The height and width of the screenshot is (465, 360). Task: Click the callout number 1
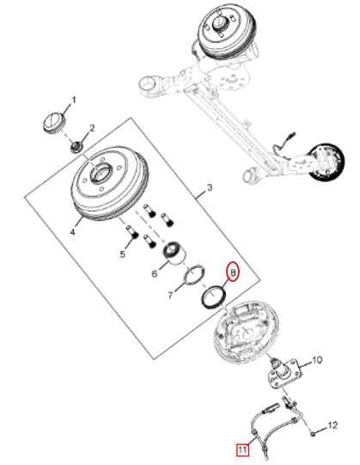pos(74,100)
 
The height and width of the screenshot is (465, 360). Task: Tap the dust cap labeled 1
pos(54,122)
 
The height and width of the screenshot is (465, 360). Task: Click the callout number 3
pos(210,187)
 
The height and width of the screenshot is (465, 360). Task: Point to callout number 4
pos(73,231)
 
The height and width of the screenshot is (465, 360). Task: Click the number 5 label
pos(123,254)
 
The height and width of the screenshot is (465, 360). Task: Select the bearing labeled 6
pos(174,254)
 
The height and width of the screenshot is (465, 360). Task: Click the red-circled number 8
pos(233,272)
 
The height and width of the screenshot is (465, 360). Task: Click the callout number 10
pos(317,360)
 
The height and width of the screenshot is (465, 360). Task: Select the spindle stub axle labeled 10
pos(285,372)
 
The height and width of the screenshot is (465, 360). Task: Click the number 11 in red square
pos(242,450)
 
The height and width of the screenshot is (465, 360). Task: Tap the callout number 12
pos(333,425)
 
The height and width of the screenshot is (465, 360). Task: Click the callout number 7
pos(170,295)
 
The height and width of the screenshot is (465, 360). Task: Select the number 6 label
pos(155,273)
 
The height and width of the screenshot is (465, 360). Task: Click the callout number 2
pos(92,128)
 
